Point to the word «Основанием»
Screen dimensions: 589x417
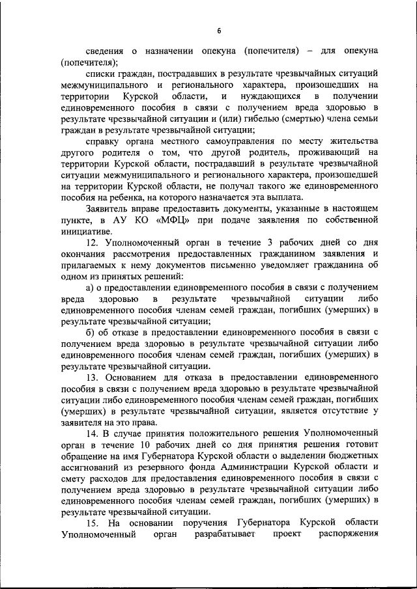click(137, 377)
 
